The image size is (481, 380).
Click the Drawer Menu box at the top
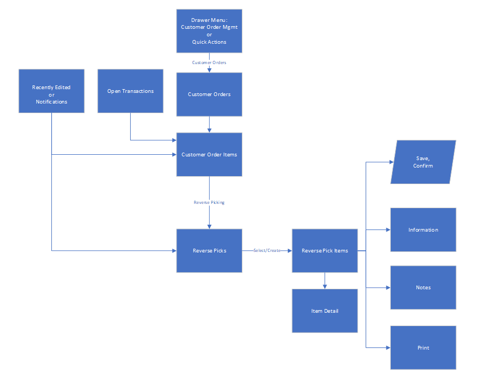click(209, 30)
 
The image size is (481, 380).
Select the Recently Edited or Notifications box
click(51, 91)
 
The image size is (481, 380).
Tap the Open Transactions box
click(130, 91)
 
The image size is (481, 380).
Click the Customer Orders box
click(209, 94)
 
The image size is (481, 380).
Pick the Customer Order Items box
click(209, 154)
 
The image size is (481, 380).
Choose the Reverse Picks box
click(209, 250)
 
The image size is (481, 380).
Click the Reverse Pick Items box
click(325, 250)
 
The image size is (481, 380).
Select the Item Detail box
click(325, 311)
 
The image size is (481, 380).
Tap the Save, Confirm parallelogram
click(423, 162)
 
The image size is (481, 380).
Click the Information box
click(423, 229)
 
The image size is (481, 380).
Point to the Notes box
click(423, 287)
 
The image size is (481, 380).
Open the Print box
click(423, 347)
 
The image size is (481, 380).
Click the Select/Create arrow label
click(267, 250)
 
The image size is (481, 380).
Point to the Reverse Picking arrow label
click(209, 202)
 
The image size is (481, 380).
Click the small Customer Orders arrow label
click(209, 62)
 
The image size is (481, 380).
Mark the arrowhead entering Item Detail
click(325, 287)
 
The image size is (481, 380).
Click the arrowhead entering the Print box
click(388, 347)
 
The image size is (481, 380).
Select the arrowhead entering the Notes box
click(388, 287)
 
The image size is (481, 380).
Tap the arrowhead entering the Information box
click(388, 229)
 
